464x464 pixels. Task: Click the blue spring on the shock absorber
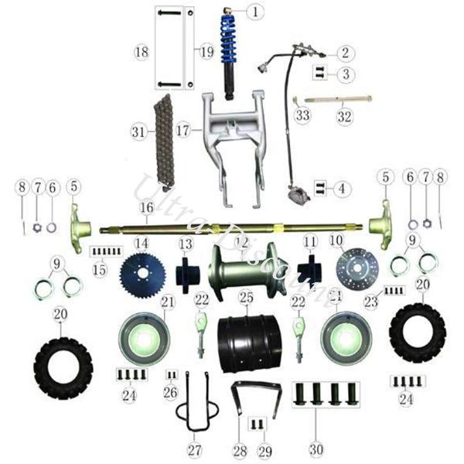[230, 43]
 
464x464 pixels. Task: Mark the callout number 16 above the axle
[147, 208]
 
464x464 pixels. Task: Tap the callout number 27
[194, 449]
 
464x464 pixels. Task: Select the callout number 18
[140, 52]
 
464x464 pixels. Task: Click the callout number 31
[138, 132]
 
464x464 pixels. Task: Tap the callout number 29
[264, 449]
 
